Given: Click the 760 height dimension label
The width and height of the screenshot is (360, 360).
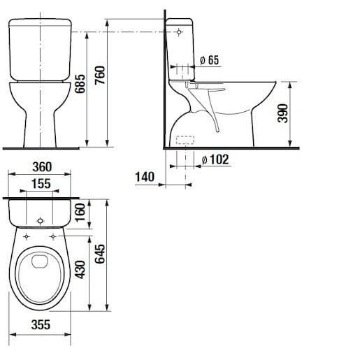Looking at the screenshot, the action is click(x=100, y=75).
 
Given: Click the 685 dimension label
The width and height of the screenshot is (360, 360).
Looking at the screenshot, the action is click(x=80, y=84).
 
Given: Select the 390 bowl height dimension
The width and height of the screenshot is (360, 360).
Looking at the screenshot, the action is click(x=283, y=113).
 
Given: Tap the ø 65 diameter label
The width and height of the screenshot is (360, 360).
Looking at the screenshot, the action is click(x=210, y=60).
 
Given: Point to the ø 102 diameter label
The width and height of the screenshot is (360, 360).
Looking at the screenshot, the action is click(x=215, y=159).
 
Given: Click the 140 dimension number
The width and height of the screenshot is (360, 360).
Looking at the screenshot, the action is click(x=145, y=177).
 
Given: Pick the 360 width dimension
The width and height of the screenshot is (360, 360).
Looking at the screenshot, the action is click(x=42, y=167).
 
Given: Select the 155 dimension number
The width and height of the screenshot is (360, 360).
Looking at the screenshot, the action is click(x=41, y=184).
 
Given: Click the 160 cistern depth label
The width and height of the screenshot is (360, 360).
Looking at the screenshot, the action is click(x=80, y=213).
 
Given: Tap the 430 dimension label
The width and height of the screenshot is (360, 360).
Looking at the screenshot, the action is click(x=80, y=270).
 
